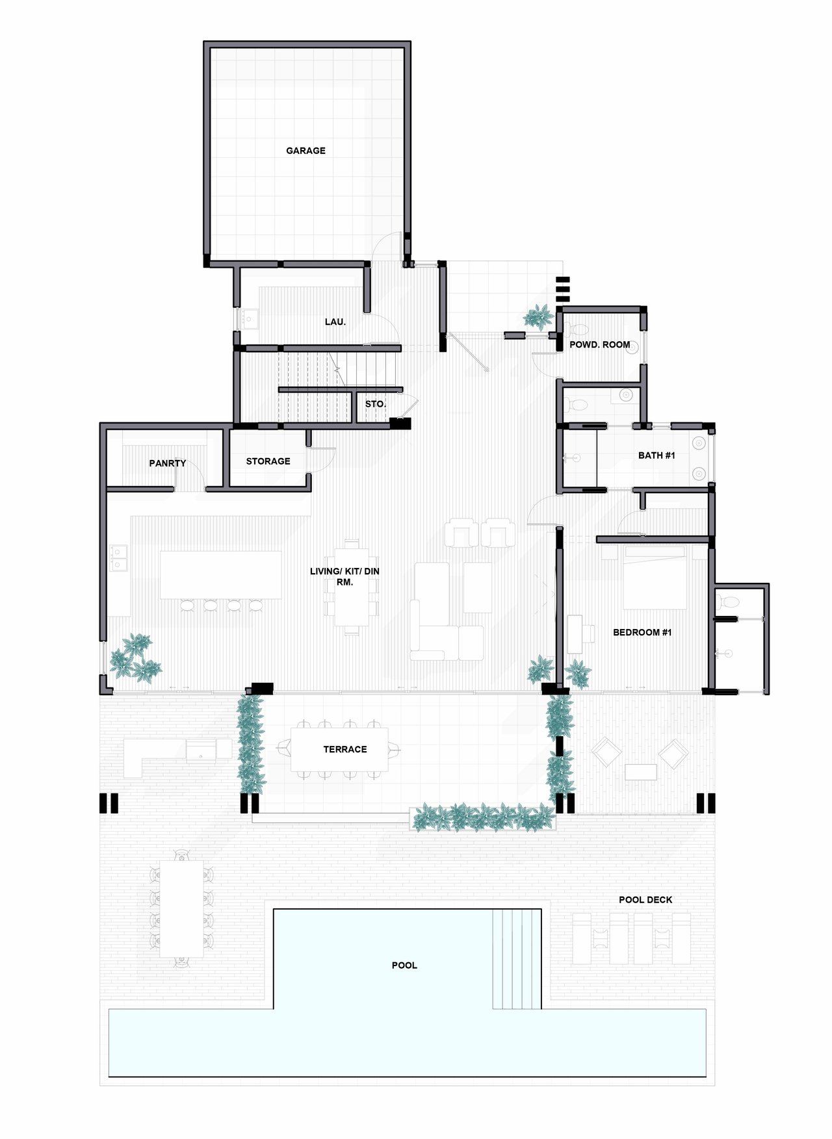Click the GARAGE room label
coord(305,151)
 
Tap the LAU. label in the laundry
coord(335,322)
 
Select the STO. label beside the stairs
coord(375,404)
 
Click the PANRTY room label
coord(168,463)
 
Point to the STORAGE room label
coord(268,461)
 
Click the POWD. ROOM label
coord(600,345)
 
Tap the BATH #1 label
coord(656,455)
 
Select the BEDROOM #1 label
coord(642,632)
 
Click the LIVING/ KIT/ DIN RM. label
coord(344,577)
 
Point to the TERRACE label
coord(345,749)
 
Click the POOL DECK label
coord(645,900)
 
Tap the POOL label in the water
coord(404,966)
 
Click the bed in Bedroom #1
coord(655,577)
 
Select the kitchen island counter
coord(221,575)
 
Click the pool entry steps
coord(517,959)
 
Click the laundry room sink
coord(249,319)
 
